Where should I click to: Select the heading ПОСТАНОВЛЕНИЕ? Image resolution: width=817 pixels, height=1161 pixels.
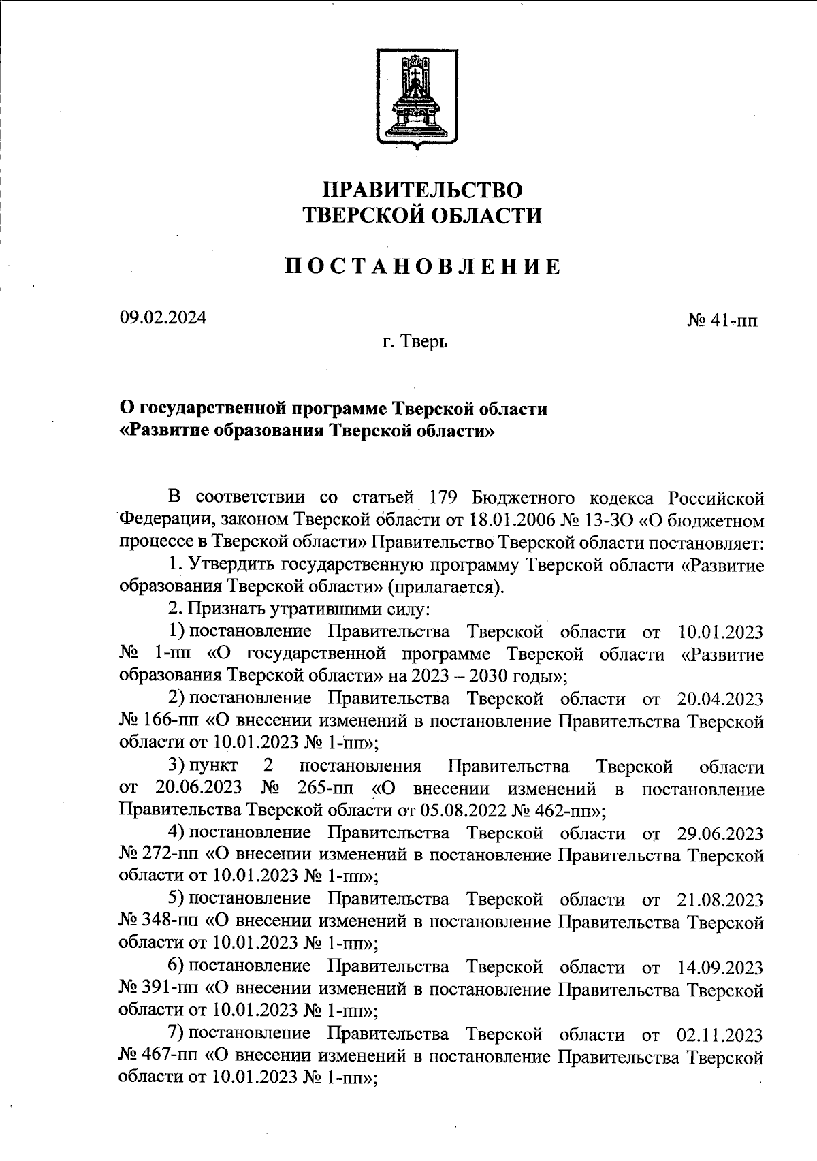(x=423, y=267)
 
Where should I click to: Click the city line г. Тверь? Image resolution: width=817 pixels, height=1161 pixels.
(x=414, y=342)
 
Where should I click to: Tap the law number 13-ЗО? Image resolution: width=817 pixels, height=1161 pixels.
(x=615, y=520)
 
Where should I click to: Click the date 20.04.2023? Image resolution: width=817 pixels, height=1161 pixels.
(x=721, y=699)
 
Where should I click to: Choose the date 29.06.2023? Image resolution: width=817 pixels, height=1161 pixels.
(x=721, y=833)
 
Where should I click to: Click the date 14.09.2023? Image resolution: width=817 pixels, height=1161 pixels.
(x=721, y=967)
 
